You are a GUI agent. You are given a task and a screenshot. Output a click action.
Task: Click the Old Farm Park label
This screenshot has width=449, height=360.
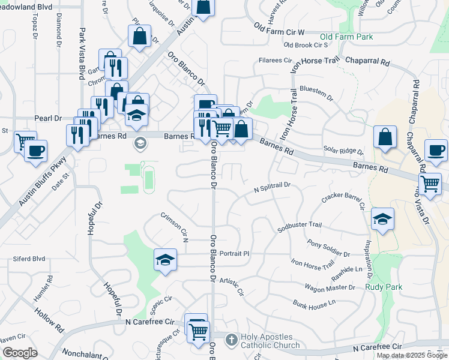[x=346, y=37]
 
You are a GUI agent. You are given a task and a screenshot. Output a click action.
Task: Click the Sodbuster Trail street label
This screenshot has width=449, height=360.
[x=300, y=225]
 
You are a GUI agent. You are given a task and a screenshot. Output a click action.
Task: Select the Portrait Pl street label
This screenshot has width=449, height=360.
[x=234, y=253]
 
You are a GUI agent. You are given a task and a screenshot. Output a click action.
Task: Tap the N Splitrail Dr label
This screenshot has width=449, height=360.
[x=272, y=187]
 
